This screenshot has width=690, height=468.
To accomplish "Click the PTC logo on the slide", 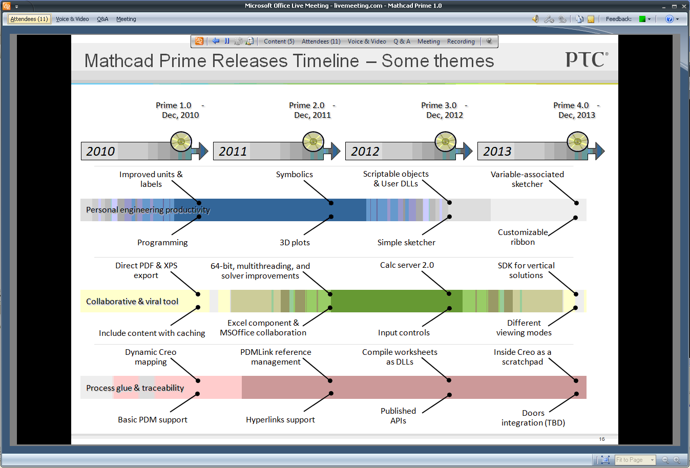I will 587,59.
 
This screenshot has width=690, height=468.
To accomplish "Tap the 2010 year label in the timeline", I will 100,152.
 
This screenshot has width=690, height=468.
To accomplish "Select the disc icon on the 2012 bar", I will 446,142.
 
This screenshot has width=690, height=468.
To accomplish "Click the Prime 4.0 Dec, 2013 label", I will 576,110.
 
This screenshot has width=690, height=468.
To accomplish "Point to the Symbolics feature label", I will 294,175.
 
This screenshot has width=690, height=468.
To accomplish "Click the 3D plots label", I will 295,243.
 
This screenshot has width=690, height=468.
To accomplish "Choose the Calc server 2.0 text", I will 407,265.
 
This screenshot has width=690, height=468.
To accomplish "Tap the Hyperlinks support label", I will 280,420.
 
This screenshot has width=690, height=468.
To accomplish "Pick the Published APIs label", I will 398,416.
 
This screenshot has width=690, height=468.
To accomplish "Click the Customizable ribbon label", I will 522,237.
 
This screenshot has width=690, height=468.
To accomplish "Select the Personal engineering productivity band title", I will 148,210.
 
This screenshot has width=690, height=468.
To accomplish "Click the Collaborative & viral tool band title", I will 132,302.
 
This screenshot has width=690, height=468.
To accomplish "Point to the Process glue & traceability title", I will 135,388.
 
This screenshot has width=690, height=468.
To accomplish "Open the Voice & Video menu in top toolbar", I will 72,19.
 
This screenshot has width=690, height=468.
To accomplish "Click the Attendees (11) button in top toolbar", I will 29,19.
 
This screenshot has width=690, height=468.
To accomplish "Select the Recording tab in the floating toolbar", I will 461,41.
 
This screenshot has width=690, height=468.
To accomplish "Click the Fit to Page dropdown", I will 635,460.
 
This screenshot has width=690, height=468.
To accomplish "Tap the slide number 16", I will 602,439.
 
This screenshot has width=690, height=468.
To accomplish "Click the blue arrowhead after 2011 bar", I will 336,151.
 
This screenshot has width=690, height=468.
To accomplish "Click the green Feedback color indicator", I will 642,19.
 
